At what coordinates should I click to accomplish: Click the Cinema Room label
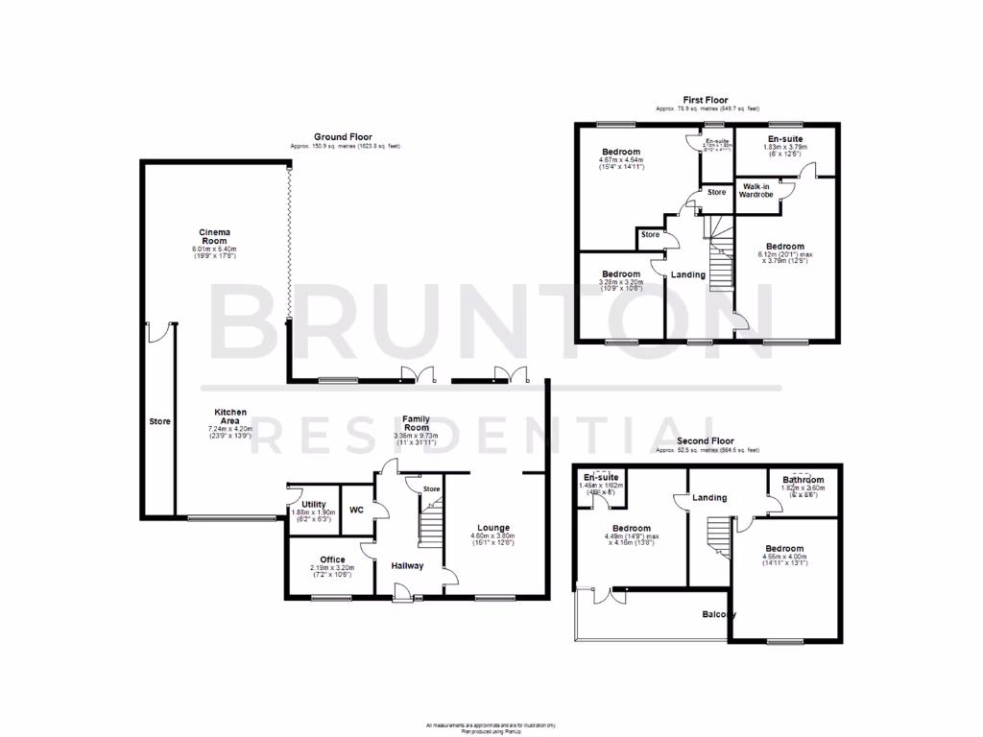(x=214, y=238)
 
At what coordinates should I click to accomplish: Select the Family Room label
(x=416, y=423)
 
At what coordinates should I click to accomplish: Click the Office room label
(x=332, y=559)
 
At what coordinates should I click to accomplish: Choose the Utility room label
(x=314, y=504)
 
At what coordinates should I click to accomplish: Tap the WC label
(x=356, y=510)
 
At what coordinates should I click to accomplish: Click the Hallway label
(x=407, y=566)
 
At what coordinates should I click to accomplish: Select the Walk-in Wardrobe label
(x=756, y=190)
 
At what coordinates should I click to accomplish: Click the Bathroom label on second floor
(x=803, y=480)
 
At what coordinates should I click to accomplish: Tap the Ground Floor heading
(x=343, y=137)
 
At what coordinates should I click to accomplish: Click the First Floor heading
(x=706, y=100)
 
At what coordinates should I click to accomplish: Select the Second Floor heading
(x=706, y=441)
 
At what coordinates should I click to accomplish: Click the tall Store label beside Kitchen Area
(x=158, y=421)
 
